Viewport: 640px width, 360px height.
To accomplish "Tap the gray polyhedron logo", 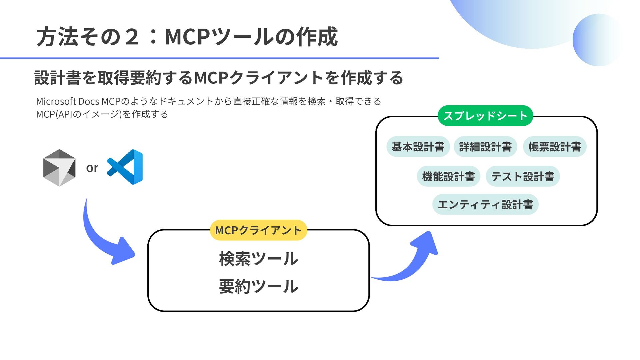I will pos(59,168).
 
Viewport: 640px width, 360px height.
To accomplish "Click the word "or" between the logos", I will pos(92,168).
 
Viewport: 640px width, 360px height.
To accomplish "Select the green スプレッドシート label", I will pos(485,116).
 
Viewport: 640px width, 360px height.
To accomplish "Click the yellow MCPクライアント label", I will pos(258,230).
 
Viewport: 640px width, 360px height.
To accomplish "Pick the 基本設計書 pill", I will pos(418,147).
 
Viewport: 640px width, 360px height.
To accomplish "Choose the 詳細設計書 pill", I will pos(485,147).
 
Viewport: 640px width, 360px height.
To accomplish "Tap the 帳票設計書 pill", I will pos(555,147).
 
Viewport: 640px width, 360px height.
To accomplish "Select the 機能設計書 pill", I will pos(448,176).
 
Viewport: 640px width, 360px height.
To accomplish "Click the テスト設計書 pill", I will pos(523,176).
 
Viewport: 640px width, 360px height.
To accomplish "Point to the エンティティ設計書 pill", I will pos(485,204).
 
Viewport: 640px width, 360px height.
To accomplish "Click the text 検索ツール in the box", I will pos(258,259).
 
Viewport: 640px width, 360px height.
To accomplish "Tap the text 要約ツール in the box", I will pos(258,286).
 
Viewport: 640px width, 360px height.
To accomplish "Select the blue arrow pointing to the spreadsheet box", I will pos(413,263).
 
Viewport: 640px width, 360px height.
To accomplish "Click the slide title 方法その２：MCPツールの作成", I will pos(187,37).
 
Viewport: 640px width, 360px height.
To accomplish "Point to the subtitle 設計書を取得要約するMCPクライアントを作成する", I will pos(219,78).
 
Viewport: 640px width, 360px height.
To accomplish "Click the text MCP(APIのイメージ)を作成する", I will pos(102,114).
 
